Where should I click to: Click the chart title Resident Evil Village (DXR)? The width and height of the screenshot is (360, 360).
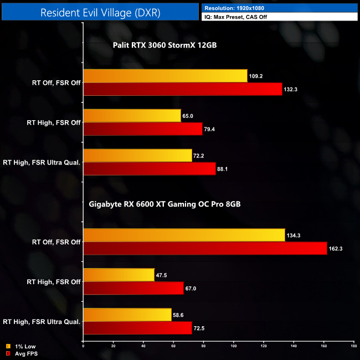(x=100, y=13)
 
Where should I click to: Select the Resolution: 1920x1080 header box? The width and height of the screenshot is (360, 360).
(x=280, y=8)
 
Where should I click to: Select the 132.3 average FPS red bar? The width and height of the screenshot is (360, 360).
(x=182, y=89)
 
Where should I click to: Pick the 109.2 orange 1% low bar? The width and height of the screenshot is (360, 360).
(x=165, y=76)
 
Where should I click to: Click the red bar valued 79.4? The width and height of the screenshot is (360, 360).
(x=142, y=129)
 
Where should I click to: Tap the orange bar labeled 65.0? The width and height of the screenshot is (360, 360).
(x=132, y=116)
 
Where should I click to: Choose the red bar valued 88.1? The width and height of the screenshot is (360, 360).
(x=149, y=169)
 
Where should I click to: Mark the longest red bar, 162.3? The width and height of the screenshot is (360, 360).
(x=205, y=249)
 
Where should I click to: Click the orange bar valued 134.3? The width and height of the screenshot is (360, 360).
(x=184, y=235)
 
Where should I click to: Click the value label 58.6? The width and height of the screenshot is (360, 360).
(x=179, y=315)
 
